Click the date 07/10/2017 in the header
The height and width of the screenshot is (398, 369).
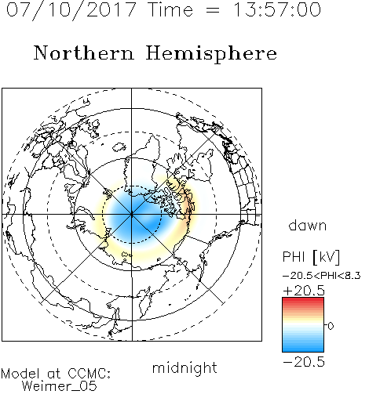(x=71, y=10)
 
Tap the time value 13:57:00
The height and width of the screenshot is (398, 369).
(x=277, y=9)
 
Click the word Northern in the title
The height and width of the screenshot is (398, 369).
(x=84, y=52)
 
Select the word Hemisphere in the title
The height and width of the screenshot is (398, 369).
(x=211, y=54)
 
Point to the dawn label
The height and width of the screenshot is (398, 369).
(x=307, y=225)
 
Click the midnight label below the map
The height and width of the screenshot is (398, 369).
(x=184, y=367)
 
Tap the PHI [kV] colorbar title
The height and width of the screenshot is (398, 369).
(x=311, y=257)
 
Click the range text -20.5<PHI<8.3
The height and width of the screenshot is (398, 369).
(x=322, y=276)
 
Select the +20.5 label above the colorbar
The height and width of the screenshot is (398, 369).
(x=304, y=291)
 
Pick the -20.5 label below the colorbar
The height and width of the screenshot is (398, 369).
(x=304, y=362)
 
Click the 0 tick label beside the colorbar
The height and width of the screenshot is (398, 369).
(x=331, y=326)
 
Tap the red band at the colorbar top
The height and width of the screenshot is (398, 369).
(x=303, y=301)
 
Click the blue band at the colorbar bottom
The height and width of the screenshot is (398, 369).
(x=303, y=347)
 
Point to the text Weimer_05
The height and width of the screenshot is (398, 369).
(x=60, y=385)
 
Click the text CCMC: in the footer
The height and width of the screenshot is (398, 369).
(x=90, y=374)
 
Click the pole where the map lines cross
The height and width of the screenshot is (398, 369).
(x=132, y=215)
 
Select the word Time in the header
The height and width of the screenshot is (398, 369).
(x=170, y=9)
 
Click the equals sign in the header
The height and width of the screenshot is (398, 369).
(x=213, y=10)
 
